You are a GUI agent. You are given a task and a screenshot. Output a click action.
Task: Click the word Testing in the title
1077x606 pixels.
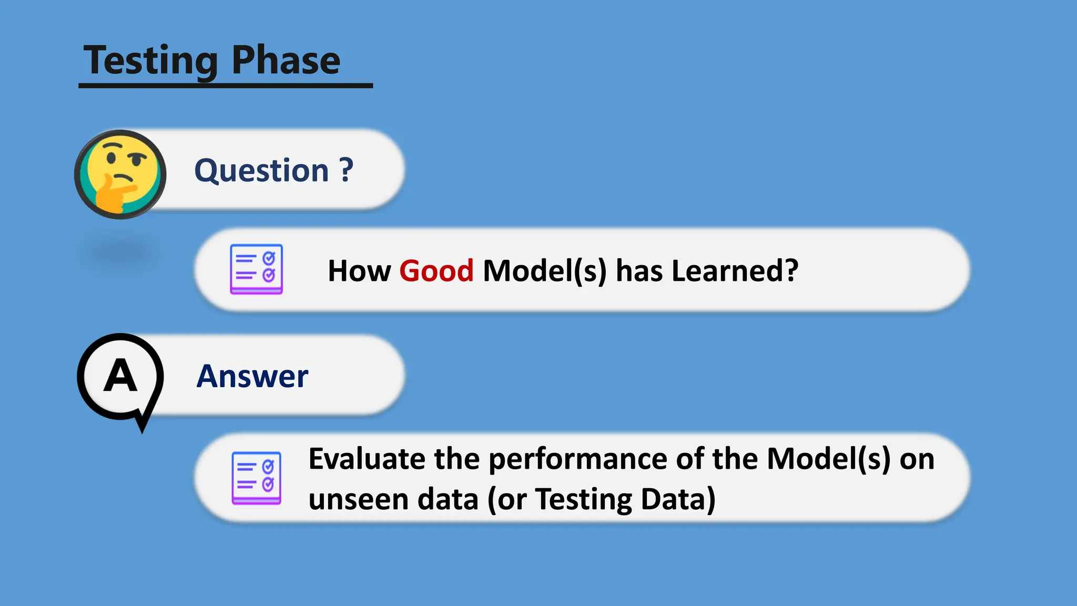pyautogui.click(x=150, y=61)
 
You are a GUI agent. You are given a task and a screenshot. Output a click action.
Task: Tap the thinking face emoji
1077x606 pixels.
pyautogui.click(x=120, y=174)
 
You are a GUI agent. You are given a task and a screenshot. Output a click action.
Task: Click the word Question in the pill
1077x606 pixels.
pyautogui.click(x=261, y=170)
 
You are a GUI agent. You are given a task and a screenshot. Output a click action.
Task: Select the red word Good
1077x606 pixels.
pyautogui.click(x=436, y=271)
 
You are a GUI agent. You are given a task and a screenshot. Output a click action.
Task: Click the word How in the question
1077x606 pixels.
pyautogui.click(x=359, y=271)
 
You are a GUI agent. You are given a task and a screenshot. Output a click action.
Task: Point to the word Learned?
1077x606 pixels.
pyautogui.click(x=735, y=271)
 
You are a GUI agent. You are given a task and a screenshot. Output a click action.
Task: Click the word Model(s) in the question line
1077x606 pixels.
pyautogui.click(x=545, y=271)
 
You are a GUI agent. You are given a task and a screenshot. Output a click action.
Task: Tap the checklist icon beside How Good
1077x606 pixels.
pyautogui.click(x=256, y=269)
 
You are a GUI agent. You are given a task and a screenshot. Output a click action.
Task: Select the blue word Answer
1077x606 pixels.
pyautogui.click(x=252, y=377)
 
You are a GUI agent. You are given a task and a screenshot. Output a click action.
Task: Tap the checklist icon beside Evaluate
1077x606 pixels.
pyautogui.click(x=256, y=478)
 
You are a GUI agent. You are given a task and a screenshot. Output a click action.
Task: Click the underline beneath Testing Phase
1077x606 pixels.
pyautogui.click(x=226, y=85)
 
